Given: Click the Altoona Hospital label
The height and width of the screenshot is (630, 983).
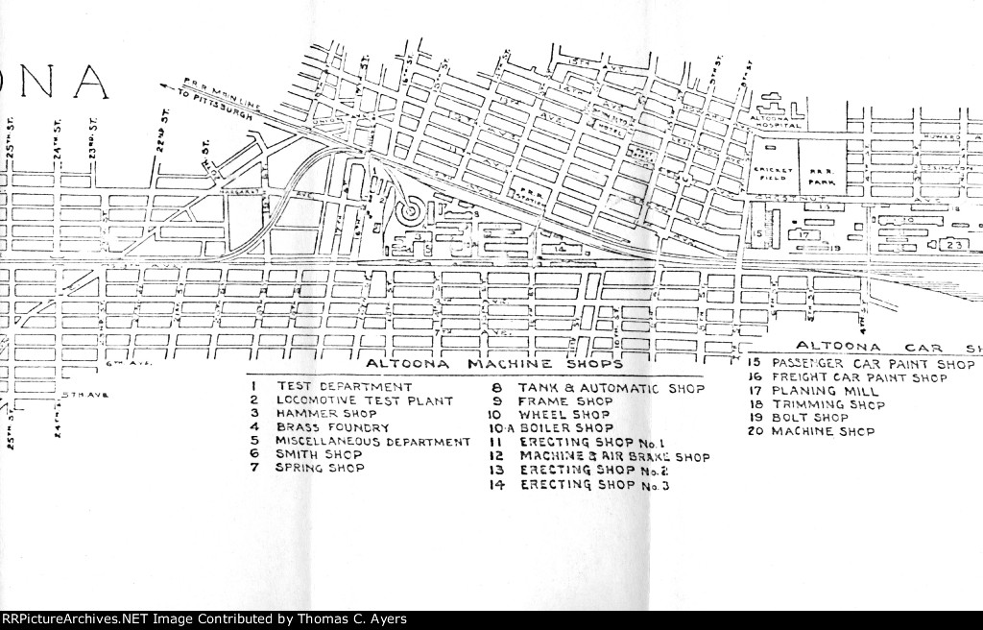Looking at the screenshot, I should click(x=777, y=118).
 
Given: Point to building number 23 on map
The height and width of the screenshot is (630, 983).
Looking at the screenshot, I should click(x=953, y=245).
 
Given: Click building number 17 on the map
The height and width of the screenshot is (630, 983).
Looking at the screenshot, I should click(x=805, y=233).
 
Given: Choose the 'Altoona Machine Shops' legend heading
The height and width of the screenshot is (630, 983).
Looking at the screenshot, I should click(x=495, y=365).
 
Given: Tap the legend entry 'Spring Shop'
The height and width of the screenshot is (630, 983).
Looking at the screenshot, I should click(x=320, y=468).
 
